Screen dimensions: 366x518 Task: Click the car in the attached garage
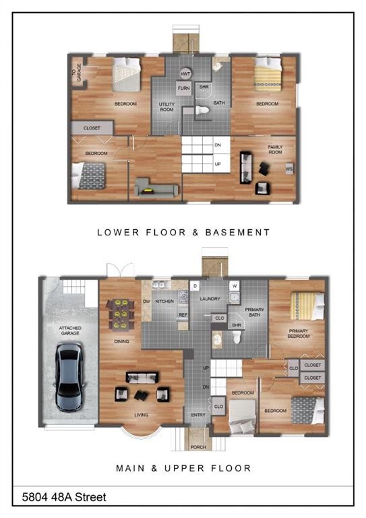coord(69,376)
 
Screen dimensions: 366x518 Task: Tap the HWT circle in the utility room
coord(185,74)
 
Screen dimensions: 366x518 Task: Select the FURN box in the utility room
coord(183,88)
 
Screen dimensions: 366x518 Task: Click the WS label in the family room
coord(289,169)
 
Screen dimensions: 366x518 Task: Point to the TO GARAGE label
coord(76,72)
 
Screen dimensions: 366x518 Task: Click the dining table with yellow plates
coord(121,314)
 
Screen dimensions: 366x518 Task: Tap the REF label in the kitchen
coord(183,315)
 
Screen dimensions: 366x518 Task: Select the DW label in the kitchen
coord(146,301)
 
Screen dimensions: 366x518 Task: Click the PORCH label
coord(198,447)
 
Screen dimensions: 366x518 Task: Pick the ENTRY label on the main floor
coord(198,415)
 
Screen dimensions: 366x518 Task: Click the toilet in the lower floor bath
coord(202,110)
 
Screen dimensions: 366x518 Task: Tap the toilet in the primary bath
coord(237,337)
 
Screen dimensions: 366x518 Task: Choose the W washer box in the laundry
coord(235,285)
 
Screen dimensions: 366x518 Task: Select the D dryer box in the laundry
coord(195,286)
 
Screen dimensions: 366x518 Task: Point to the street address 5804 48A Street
coord(64,497)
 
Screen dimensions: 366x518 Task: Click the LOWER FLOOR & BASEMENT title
coord(183,232)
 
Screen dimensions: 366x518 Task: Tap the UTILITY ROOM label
coord(166,107)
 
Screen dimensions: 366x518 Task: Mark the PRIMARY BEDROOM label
coord(299,333)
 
